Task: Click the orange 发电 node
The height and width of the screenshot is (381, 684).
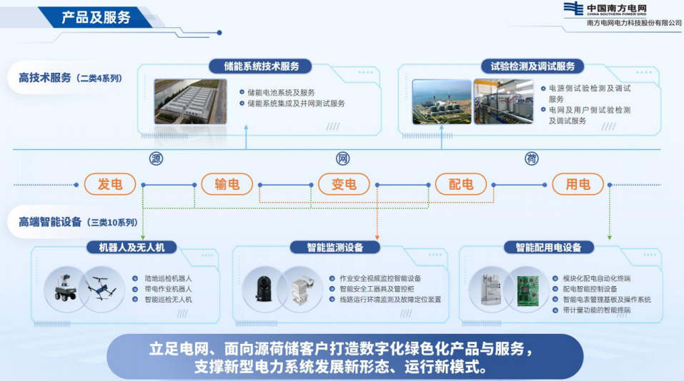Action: [110, 184]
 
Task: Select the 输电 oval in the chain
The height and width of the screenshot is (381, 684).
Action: [227, 184]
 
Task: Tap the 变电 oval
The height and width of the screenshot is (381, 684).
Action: [344, 184]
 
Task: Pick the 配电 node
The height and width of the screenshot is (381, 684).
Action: [461, 184]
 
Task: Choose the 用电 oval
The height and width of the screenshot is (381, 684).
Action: [578, 184]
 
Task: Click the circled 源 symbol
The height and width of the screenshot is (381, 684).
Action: [156, 158]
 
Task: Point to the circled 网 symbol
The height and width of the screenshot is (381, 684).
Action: [343, 158]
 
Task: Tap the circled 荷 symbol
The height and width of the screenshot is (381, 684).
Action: [531, 158]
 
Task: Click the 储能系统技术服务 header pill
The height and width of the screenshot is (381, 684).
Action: [261, 66]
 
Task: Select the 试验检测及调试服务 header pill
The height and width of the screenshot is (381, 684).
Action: [532, 66]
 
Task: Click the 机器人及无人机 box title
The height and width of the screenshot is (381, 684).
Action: [132, 248]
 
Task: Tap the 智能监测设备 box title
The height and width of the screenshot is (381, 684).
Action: [335, 248]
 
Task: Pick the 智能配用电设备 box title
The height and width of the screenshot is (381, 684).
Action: [549, 248]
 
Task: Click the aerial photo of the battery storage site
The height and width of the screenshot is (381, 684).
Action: [191, 101]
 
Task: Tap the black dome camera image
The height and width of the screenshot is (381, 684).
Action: [264, 288]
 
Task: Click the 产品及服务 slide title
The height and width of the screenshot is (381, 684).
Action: [96, 17]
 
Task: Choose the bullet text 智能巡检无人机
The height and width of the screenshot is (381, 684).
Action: [169, 300]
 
